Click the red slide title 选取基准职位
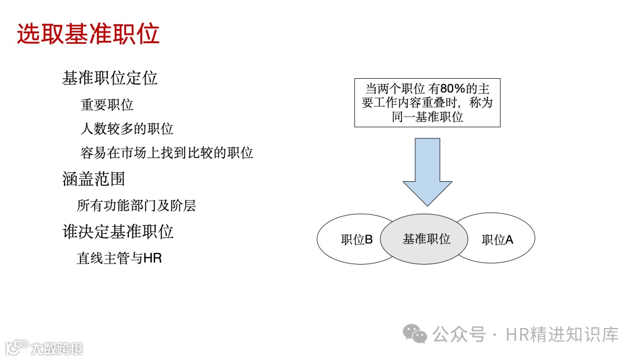coord(88,34)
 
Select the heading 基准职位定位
coord(109,78)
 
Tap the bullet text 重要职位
coord(107,105)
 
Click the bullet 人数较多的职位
coord(127,128)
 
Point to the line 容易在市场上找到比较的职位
coord(166,153)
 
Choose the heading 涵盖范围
coord(93,179)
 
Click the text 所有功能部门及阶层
coord(136,205)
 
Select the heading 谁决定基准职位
coord(118,232)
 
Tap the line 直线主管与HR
coord(119,258)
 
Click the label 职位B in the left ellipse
coord(356,240)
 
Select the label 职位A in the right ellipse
coord(497,240)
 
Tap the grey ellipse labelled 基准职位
coord(427,239)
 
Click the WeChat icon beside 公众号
coord(415,334)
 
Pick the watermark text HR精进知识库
coord(561,334)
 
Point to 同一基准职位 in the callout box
coord(427,117)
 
